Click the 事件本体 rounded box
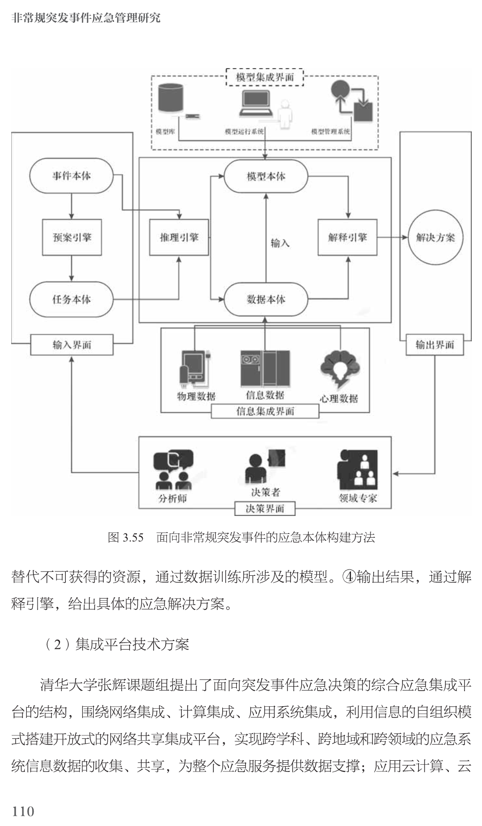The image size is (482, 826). (71, 176)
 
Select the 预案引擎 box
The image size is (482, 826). (72, 238)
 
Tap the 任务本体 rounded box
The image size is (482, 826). (71, 299)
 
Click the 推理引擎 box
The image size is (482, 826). (179, 238)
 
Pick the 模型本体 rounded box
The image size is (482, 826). (266, 176)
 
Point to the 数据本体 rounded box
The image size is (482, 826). (266, 299)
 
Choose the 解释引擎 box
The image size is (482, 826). (347, 238)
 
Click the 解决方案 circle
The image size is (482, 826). (435, 238)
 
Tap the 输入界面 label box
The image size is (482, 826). (72, 345)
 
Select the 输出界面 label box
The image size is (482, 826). (434, 345)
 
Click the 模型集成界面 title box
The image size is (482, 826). (265, 77)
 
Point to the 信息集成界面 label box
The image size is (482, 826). (265, 411)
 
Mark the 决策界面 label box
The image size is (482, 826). (265, 509)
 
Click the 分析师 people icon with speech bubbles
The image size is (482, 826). (173, 469)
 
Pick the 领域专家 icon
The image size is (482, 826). (358, 470)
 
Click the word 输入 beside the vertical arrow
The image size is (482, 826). (280, 242)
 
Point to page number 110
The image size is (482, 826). (23, 811)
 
